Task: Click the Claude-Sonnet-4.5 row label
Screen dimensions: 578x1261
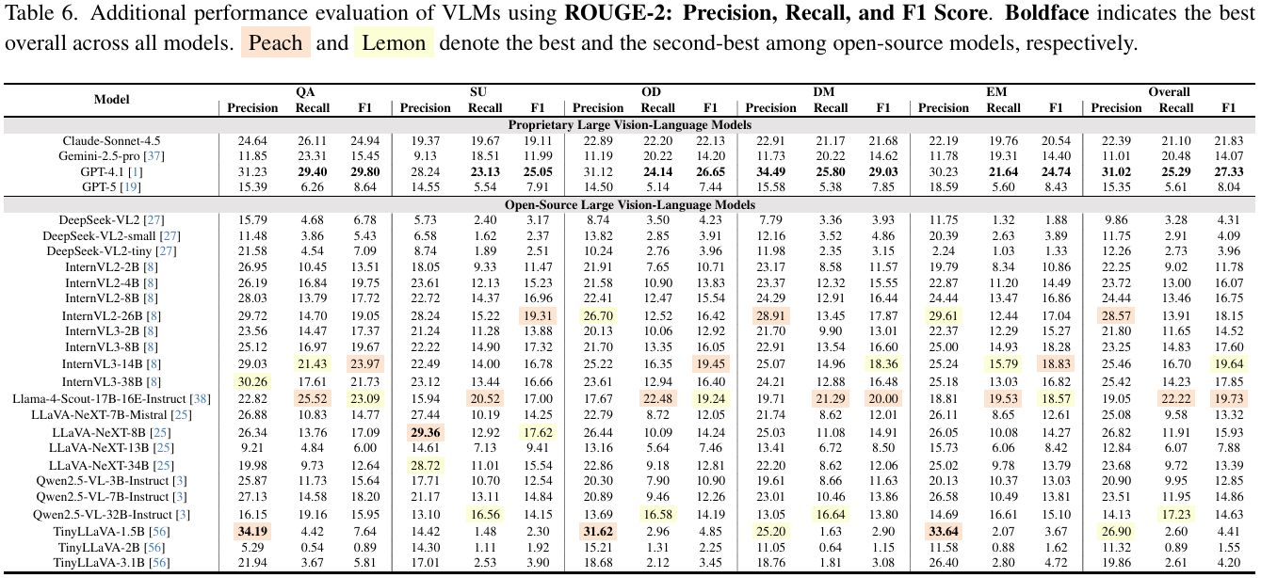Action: pyautogui.click(x=111, y=140)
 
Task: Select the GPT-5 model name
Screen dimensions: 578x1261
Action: pyautogui.click(x=111, y=187)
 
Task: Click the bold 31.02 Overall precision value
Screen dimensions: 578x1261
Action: pyautogui.click(x=1116, y=172)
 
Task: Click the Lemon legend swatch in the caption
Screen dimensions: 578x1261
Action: pyautogui.click(x=393, y=43)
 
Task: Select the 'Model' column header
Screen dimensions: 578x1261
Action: pyautogui.click(x=111, y=100)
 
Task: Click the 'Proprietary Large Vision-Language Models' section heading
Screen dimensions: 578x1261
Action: pyautogui.click(x=630, y=124)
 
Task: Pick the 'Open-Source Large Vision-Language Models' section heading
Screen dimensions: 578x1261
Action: pyautogui.click(x=630, y=203)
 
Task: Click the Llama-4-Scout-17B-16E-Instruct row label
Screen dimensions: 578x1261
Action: pyautogui.click(x=111, y=398)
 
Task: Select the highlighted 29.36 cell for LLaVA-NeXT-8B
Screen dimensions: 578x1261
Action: pyautogui.click(x=426, y=431)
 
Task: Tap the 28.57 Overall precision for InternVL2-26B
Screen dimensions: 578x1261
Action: pyautogui.click(x=1116, y=314)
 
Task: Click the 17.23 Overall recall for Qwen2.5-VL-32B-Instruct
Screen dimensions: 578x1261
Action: pyautogui.click(x=1175, y=514)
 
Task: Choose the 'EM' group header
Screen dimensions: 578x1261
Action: pyautogui.click(x=998, y=92)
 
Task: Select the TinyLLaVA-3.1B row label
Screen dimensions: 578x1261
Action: pyautogui.click(x=111, y=563)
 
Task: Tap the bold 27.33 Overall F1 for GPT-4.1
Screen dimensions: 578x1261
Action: pyautogui.click(x=1228, y=172)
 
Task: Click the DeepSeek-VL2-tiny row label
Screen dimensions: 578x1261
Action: pyautogui.click(x=111, y=249)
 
